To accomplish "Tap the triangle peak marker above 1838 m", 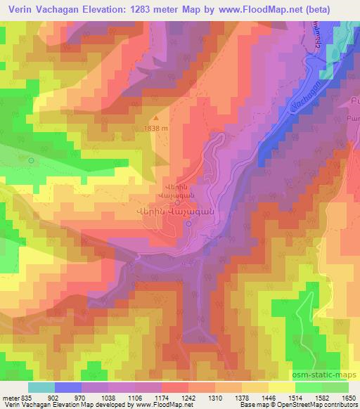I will (x=156, y=117).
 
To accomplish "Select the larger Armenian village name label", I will (x=174, y=212).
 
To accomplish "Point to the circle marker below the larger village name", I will (x=188, y=223).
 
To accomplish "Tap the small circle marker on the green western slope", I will (x=31, y=160).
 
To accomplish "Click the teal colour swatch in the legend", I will (x=41, y=387).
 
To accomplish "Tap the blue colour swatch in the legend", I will (x=68, y=387).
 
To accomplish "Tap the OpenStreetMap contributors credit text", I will (x=328, y=405).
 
